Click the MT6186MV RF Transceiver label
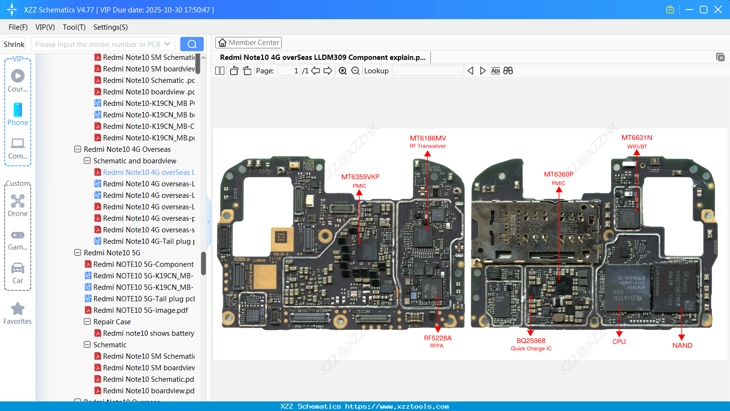point(428,141)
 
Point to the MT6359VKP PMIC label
point(360,181)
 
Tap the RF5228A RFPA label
point(437,341)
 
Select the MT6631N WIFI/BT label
point(637,141)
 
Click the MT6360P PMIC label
point(558,178)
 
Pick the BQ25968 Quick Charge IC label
point(531,344)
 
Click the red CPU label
point(619,342)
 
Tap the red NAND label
point(682,345)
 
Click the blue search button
point(192,44)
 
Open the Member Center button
point(248,43)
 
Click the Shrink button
point(14,44)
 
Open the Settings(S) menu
point(110,27)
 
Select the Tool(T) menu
point(74,27)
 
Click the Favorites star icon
point(18,309)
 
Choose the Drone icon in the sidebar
point(18,201)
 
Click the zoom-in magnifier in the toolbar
point(343,71)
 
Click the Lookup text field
point(428,71)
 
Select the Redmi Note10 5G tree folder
point(112,253)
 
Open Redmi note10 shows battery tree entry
point(149,333)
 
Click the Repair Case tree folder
point(112,322)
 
